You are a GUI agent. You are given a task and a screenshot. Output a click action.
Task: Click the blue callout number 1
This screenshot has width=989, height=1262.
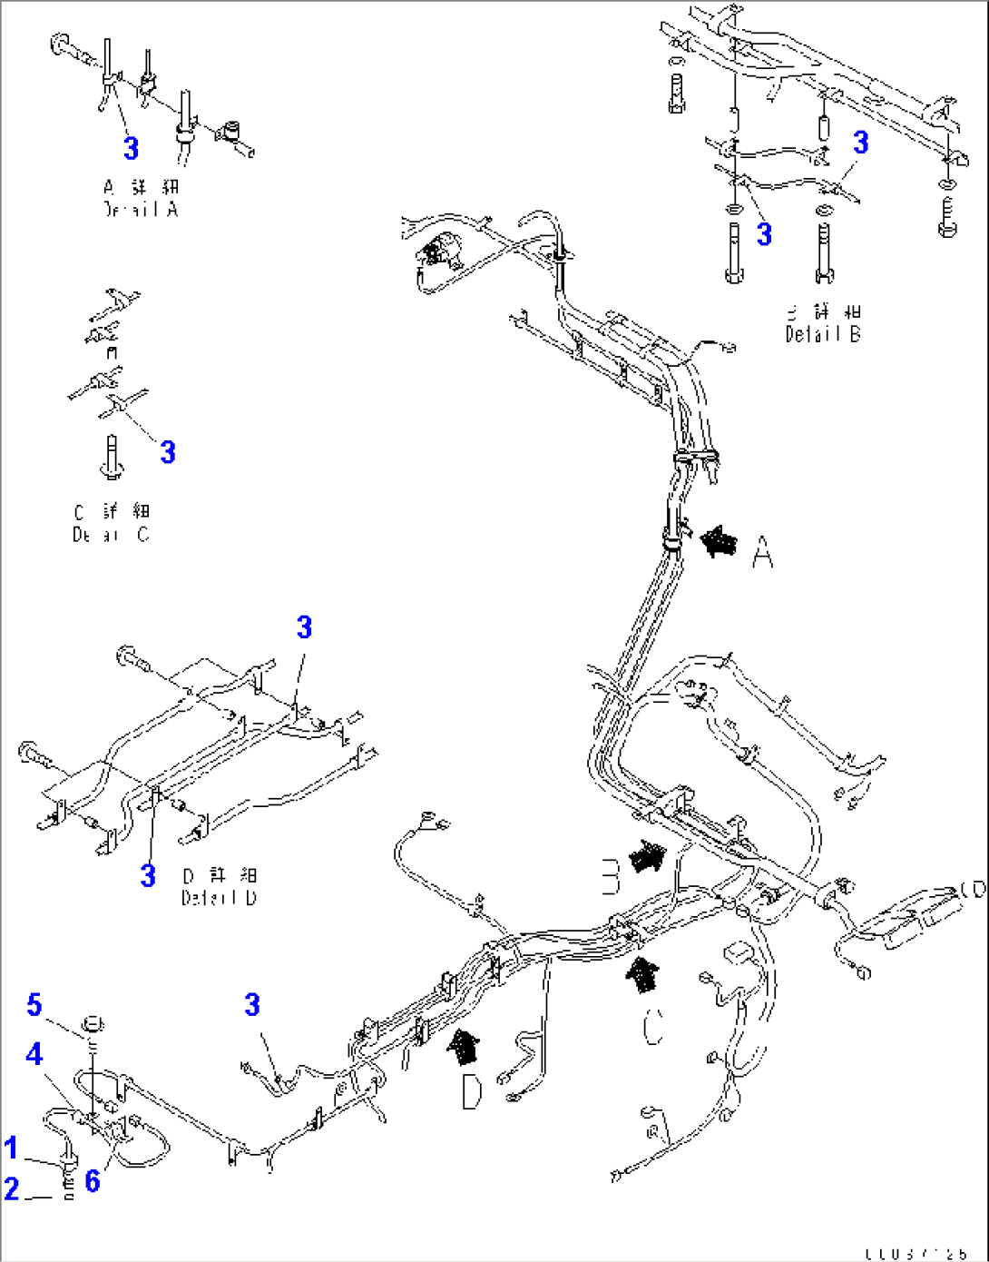[11, 1148]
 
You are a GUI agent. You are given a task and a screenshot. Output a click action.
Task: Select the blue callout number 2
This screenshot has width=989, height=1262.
[11, 1188]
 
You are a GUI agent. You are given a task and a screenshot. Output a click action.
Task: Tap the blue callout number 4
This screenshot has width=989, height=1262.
[34, 1054]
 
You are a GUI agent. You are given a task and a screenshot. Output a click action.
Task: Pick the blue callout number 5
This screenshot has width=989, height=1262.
[34, 1005]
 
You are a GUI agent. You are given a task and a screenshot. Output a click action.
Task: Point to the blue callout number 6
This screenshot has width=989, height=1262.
[92, 1180]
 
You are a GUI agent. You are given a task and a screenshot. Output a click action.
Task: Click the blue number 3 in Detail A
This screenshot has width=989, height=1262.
[132, 148]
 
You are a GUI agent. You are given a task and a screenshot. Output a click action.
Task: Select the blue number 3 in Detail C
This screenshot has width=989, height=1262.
[168, 452]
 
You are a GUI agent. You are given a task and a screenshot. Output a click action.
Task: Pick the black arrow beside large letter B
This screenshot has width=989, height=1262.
[650, 856]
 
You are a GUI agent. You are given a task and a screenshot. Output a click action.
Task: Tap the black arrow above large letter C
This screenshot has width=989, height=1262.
[643, 976]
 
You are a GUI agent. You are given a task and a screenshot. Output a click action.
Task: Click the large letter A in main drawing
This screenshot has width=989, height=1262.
[763, 552]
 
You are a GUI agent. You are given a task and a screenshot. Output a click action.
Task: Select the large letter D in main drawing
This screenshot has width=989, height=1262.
[471, 1091]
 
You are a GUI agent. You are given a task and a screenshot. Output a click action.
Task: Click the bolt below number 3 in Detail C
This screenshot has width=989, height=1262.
[112, 458]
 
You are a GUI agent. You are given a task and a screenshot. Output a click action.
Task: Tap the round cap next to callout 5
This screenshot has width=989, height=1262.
[92, 1026]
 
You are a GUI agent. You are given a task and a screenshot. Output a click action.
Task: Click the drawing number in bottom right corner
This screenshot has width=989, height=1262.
[916, 1254]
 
